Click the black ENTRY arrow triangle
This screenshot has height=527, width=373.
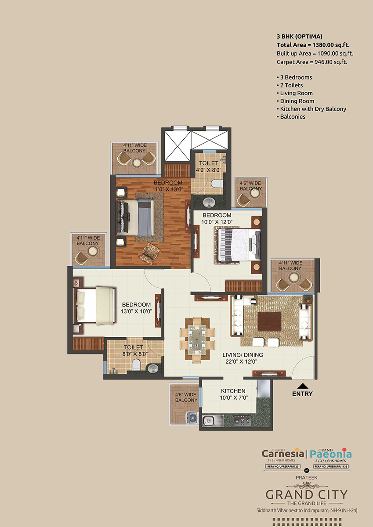pyautogui.click(x=302, y=386)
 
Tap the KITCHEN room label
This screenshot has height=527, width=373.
pyautogui.click(x=233, y=391)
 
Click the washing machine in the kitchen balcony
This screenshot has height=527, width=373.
pyautogui.click(x=192, y=419)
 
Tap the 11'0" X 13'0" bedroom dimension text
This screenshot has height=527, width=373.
pyautogui.click(x=168, y=189)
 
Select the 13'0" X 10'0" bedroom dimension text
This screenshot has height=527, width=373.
pyautogui.click(x=136, y=311)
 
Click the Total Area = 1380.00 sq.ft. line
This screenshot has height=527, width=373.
pyautogui.click(x=313, y=45)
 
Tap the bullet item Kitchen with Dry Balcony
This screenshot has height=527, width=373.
pyautogui.click(x=313, y=109)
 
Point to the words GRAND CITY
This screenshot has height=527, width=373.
pyautogui.click(x=306, y=495)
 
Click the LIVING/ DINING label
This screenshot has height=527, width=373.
pyautogui.click(x=242, y=355)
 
